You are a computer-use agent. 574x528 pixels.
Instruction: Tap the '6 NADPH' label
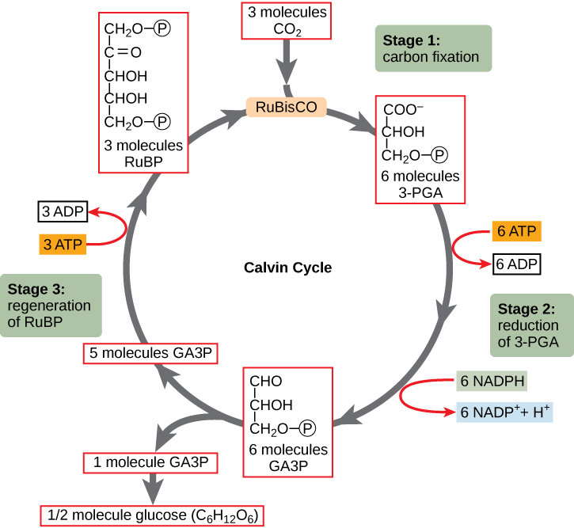pyautogui.click(x=492, y=382)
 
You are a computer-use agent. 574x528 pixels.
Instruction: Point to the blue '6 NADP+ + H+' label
pyautogui.click(x=505, y=412)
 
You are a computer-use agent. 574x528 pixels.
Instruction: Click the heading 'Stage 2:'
pyautogui.click(x=526, y=309)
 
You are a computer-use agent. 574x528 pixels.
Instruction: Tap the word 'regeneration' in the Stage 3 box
pyautogui.click(x=49, y=306)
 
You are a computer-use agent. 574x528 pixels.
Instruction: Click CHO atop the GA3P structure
pyautogui.click(x=266, y=382)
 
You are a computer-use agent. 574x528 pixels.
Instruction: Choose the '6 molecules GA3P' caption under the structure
pyautogui.click(x=287, y=458)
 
